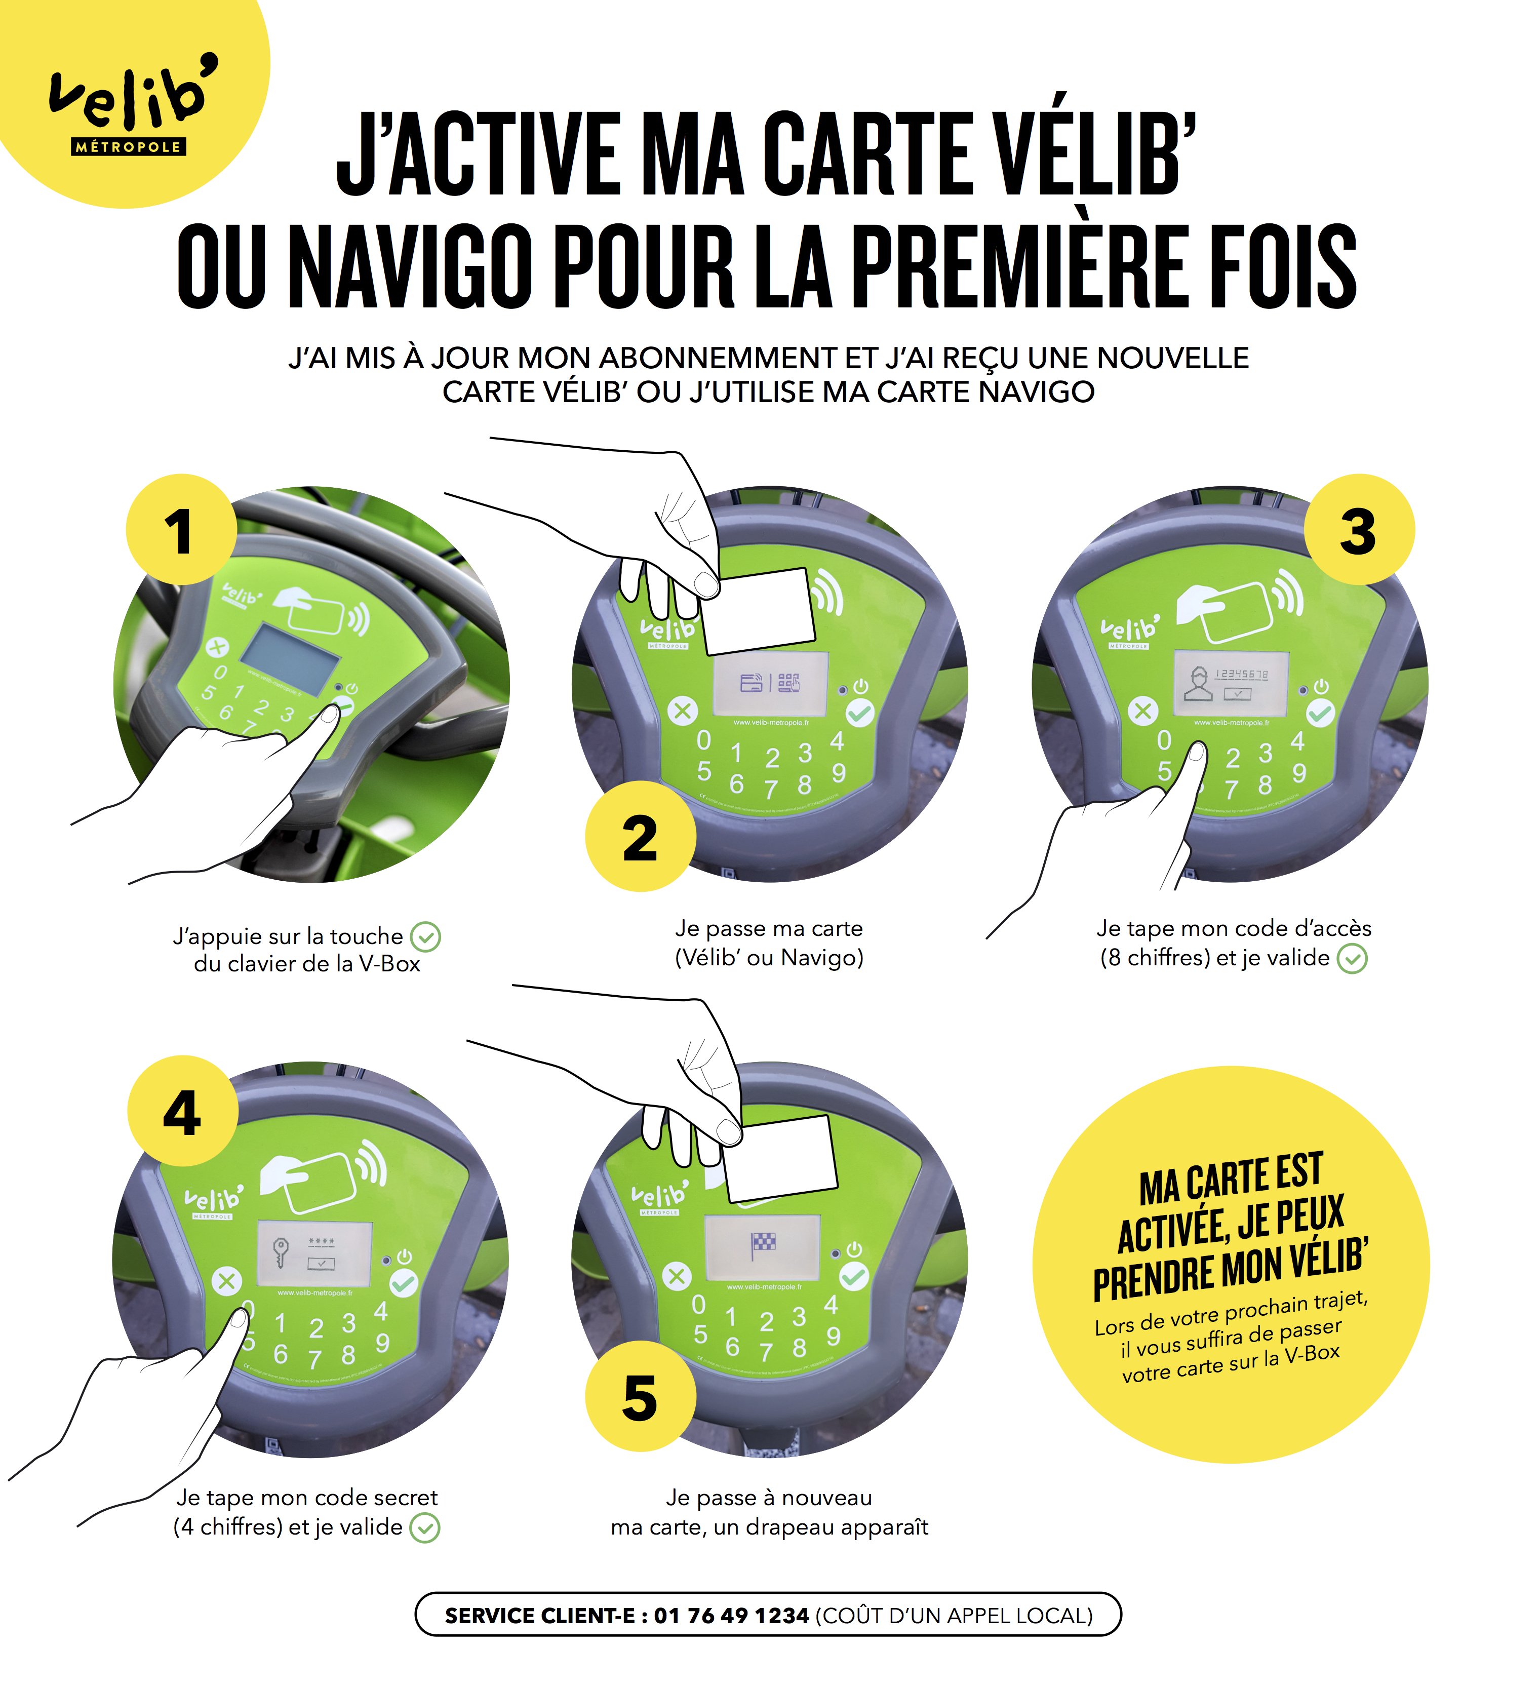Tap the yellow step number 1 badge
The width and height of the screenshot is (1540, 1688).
coord(181,530)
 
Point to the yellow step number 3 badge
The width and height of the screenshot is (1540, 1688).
coord(1358,530)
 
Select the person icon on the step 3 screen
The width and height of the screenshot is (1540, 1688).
coord(1198,684)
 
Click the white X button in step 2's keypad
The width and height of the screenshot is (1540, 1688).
coord(683,712)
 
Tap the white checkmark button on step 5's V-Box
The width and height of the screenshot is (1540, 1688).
coord(853,1276)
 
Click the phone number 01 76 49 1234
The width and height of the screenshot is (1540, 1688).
coord(731,1615)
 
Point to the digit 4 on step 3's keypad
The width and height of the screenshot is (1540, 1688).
coord(1297,740)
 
